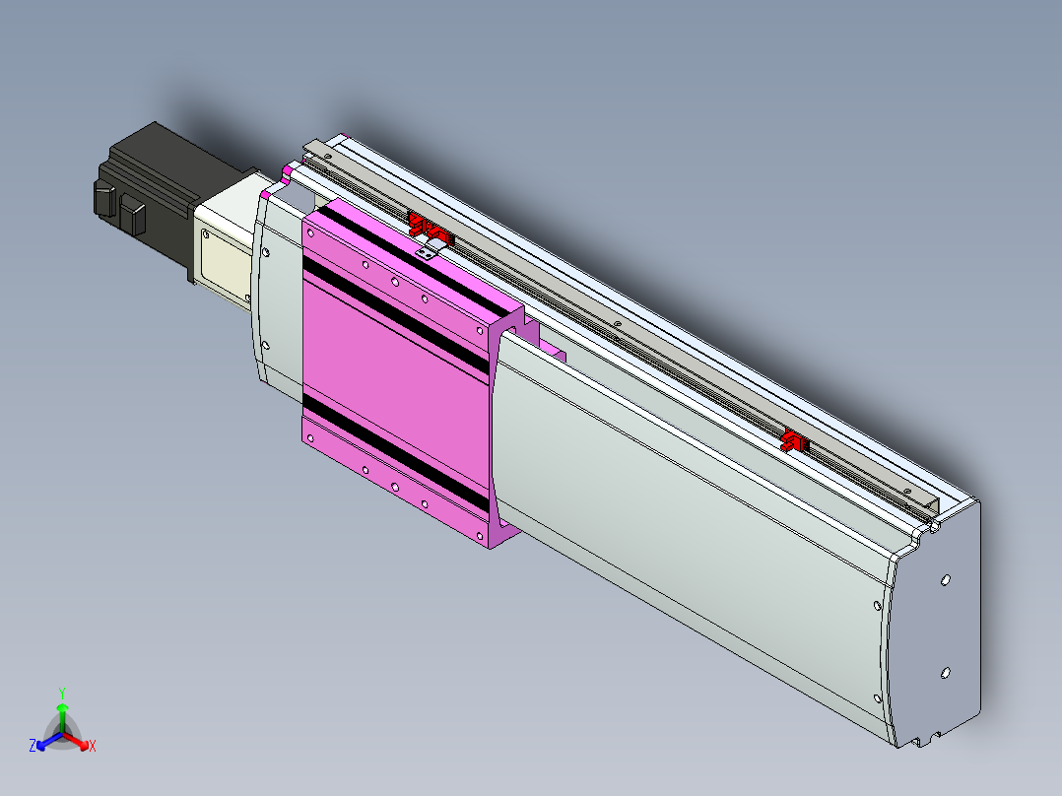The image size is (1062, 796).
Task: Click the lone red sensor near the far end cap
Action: [794, 441]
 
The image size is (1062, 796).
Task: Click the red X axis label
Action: [93, 746]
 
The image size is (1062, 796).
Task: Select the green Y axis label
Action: [62, 693]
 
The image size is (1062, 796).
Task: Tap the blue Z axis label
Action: [33, 746]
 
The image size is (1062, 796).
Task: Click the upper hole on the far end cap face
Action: [946, 580]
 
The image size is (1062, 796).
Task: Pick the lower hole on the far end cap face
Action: [946, 673]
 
